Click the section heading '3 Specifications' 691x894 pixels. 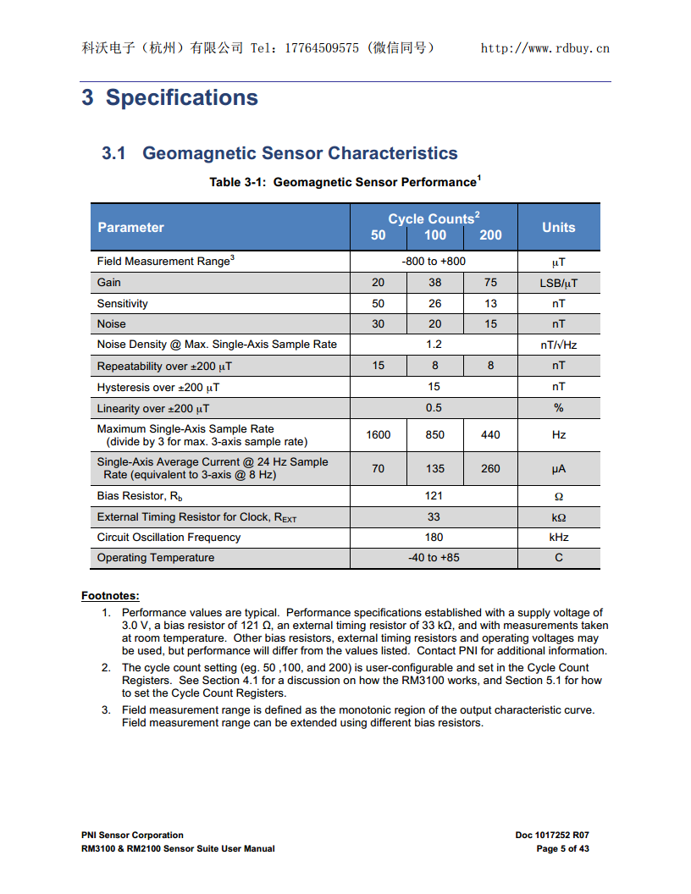tap(169, 98)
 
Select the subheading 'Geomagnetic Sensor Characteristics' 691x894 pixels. tap(300, 153)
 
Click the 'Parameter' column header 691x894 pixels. tap(130, 227)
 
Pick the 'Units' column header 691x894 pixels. tap(558, 227)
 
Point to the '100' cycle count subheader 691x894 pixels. tap(435, 235)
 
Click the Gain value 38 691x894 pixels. tap(434, 283)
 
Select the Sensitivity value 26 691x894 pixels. tap(434, 303)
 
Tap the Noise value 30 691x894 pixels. tap(378, 324)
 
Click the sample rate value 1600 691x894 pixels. tap(378, 435)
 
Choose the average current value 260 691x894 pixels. tap(490, 468)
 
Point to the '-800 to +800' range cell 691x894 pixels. tap(434, 262)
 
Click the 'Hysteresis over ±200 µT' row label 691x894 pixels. tap(158, 387)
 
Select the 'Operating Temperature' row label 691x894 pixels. tap(156, 558)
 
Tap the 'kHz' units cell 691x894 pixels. tap(558, 538)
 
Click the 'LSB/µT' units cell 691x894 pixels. tap(558, 283)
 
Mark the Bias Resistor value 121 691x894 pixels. tap(434, 496)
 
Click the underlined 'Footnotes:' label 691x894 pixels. tap(110, 596)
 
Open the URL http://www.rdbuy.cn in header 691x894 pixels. tap(545, 48)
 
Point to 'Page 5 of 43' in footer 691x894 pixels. tap(562, 848)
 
